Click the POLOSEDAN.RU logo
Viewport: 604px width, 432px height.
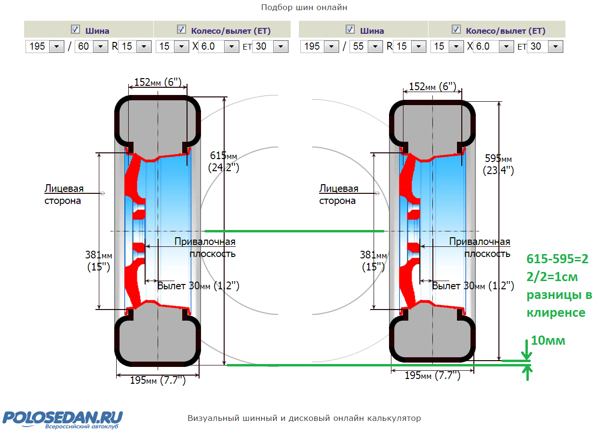(x=63, y=419)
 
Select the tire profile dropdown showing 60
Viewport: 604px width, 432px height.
(x=91, y=46)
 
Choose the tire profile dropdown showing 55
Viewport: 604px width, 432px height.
(x=366, y=46)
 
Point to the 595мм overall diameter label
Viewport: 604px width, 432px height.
(x=498, y=164)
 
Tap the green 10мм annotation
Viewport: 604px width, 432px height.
(x=548, y=340)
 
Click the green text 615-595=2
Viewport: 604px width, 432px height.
(x=557, y=259)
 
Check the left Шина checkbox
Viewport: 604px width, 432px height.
(x=75, y=29)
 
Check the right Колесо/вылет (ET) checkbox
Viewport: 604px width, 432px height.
(x=456, y=29)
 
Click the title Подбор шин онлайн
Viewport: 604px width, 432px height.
(x=304, y=7)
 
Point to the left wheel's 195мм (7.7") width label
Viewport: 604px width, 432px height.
(x=158, y=380)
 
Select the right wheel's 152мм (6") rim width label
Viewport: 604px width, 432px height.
(x=432, y=87)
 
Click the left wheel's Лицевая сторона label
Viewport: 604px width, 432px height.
(x=64, y=194)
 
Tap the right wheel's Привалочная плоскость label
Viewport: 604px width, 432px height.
(x=480, y=247)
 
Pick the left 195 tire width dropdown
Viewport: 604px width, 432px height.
(x=45, y=46)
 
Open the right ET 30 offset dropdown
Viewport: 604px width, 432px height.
(x=545, y=46)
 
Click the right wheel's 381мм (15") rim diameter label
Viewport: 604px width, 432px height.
(x=374, y=261)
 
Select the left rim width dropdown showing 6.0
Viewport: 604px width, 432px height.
(x=219, y=46)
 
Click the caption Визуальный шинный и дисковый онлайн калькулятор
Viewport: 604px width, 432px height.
(x=304, y=418)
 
